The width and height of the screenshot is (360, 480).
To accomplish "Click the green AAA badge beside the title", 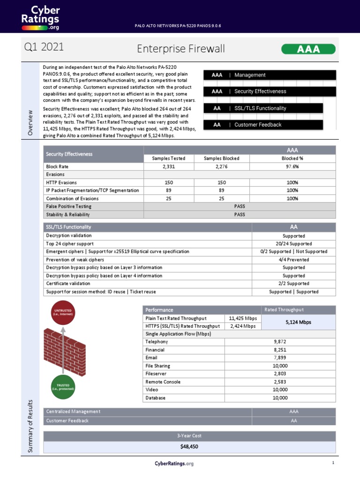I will coord(308,49).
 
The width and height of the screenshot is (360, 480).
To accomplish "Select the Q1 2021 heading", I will coord(44,47).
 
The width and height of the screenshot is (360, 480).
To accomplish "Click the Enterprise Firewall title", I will coord(181,49).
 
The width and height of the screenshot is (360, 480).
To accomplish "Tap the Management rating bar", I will coord(270,75).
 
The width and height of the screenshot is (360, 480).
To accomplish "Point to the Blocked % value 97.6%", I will coord(292,166).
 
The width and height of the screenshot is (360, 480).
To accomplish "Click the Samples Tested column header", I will coord(168,158).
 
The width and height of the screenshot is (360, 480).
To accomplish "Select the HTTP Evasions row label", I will coord(61,182).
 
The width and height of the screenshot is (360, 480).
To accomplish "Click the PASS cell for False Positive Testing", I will coord(240,206).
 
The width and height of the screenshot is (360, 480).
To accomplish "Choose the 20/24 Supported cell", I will coord(294,244).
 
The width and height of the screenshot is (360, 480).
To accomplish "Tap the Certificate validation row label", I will coord(68,284).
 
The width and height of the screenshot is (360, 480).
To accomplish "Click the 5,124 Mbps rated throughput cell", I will coord(298,322).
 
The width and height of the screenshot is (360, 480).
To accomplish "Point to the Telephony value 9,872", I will coord(280,342).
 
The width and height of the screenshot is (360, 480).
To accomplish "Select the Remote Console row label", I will coord(164,382).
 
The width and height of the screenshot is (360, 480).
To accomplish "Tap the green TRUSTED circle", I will coord(63,386).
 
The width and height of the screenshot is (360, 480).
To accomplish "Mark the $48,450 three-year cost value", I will coord(189,447).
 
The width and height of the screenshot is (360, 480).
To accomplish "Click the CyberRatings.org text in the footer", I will coord(174,464).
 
